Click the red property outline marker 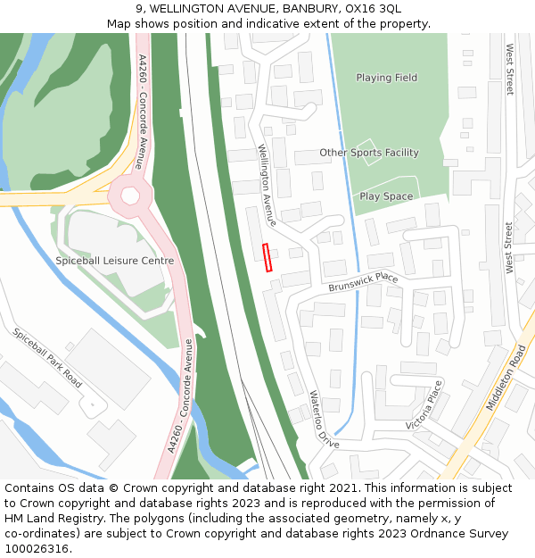pyautogui.click(x=267, y=257)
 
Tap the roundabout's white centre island pyautogui.click(x=130, y=196)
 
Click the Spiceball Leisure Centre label pyautogui.click(x=115, y=261)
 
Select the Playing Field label pyautogui.click(x=387, y=78)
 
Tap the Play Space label pyautogui.click(x=386, y=196)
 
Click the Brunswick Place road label pyautogui.click(x=363, y=281)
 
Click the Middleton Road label pyautogui.click(x=506, y=377)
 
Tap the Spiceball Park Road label pyautogui.click(x=47, y=357)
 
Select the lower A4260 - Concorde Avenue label pyautogui.click(x=180, y=396)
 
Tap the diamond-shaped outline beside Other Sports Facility pyautogui.click(x=366, y=152)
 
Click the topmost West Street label pyautogui.click(x=510, y=70)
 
